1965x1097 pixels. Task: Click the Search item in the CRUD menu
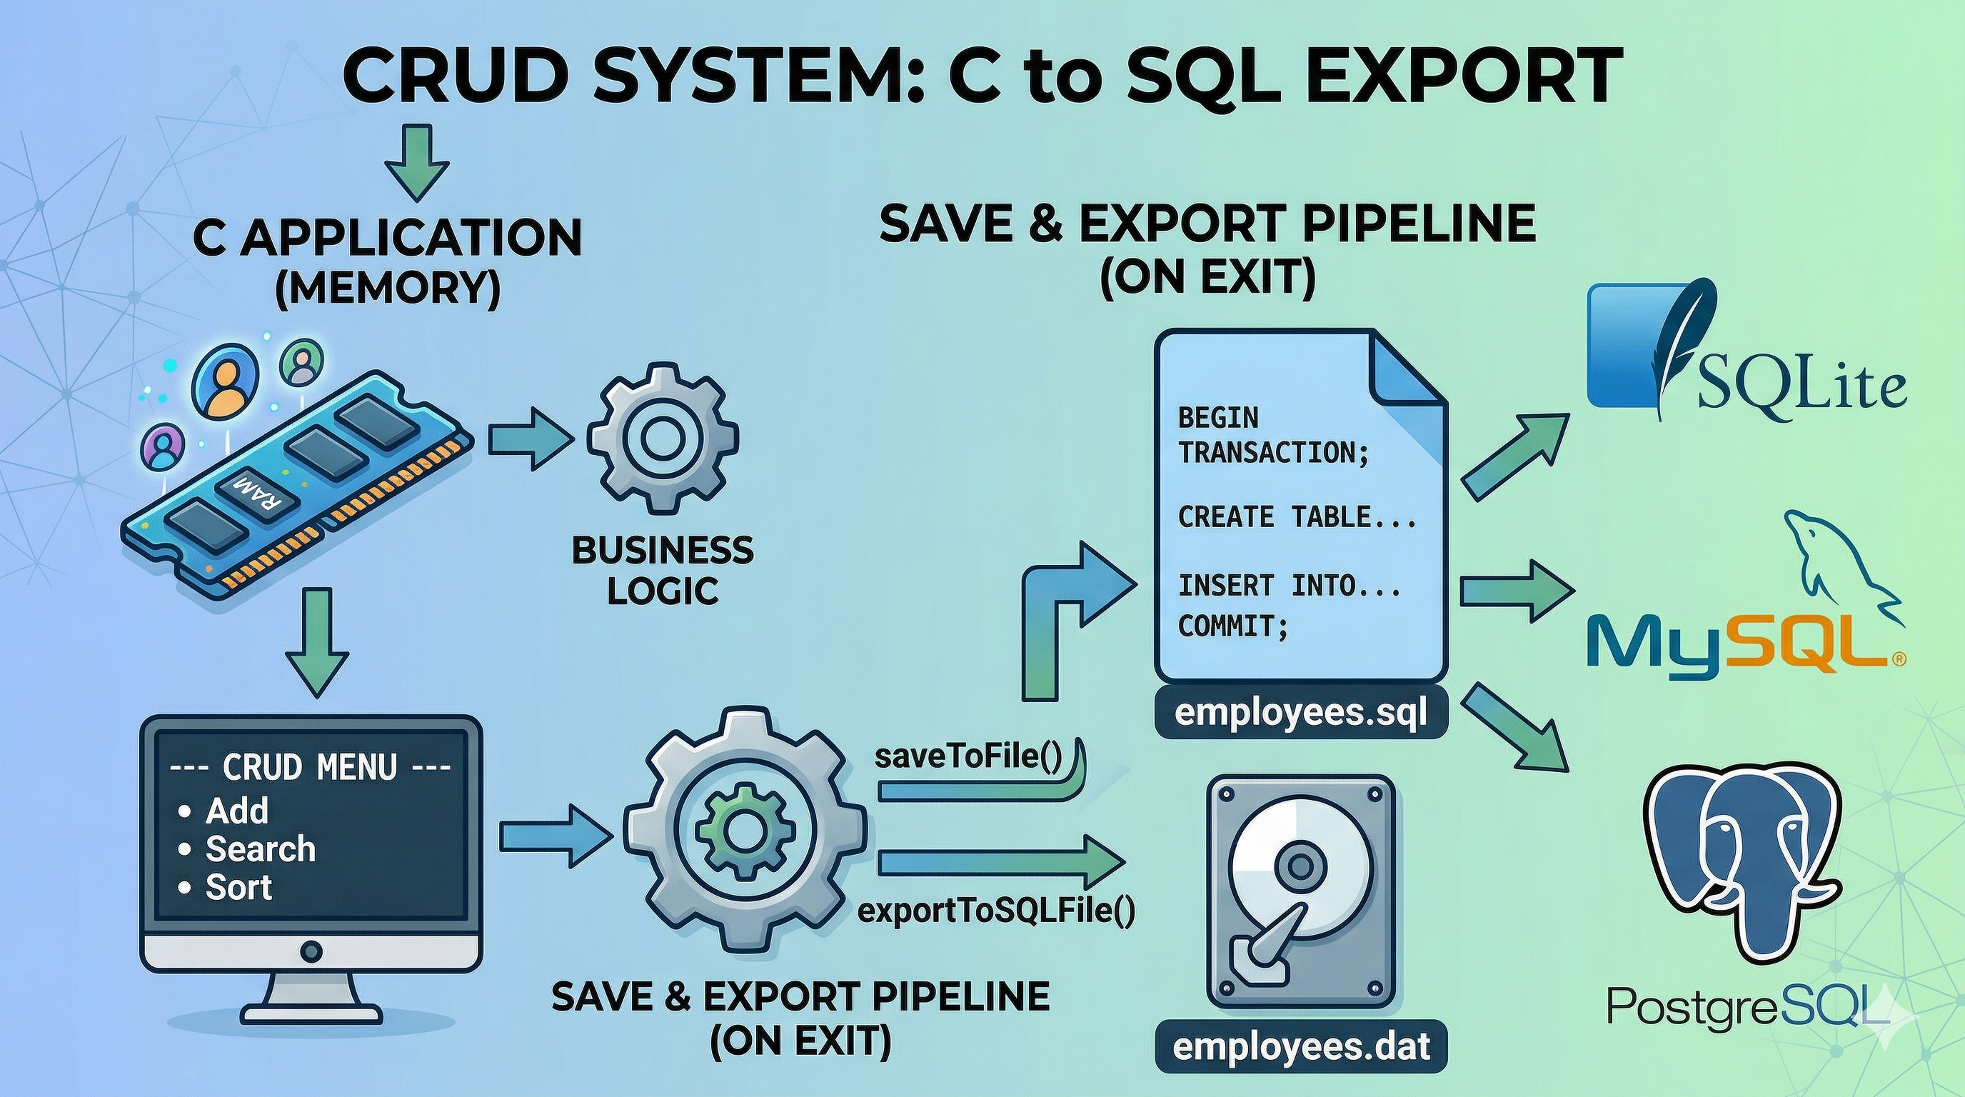[259, 849]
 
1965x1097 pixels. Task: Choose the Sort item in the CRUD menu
[238, 887]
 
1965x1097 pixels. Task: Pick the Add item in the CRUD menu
[236, 811]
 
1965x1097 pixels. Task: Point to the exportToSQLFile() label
[996, 911]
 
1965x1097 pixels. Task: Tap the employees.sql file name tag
[1300, 714]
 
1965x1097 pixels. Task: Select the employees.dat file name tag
[1300, 1047]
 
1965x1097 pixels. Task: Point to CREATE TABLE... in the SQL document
[1297, 517]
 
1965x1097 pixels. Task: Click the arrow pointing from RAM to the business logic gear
[529, 438]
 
